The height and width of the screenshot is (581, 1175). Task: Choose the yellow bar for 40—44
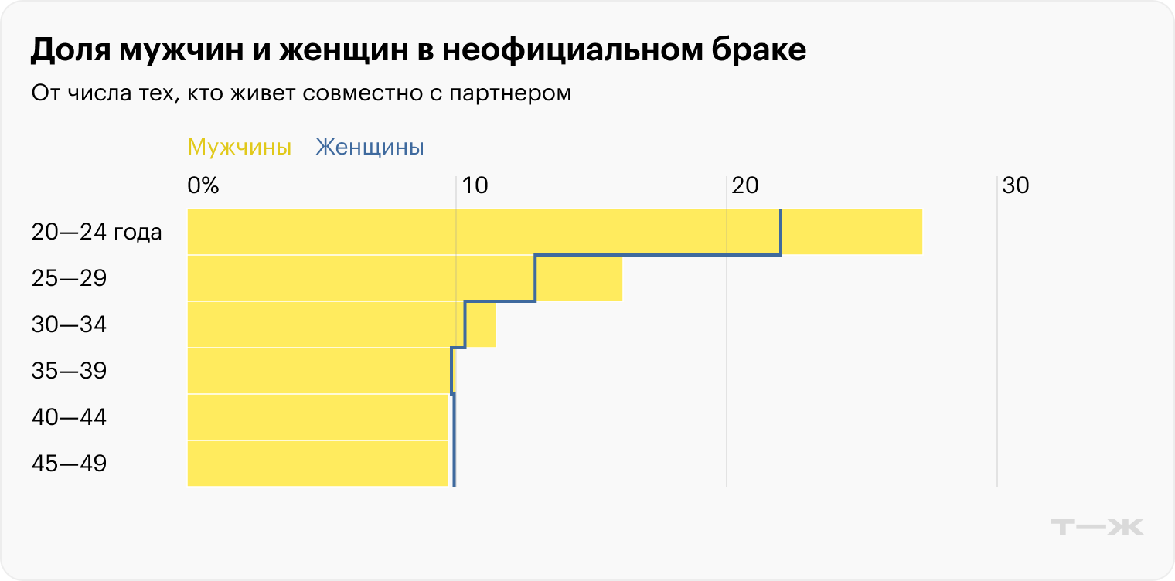tap(317, 417)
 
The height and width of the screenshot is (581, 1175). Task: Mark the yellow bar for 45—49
tap(317, 464)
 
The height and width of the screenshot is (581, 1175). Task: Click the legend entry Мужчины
tap(240, 147)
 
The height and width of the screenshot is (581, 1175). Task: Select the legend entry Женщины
tap(370, 147)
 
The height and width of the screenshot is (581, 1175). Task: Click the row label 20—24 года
tap(97, 232)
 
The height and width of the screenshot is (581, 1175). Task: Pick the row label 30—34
tap(69, 324)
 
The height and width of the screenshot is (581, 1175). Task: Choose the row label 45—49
tap(69, 464)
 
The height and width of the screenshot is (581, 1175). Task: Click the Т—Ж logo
tap(1098, 527)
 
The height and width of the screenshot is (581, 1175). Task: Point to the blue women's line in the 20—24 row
tap(781, 232)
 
